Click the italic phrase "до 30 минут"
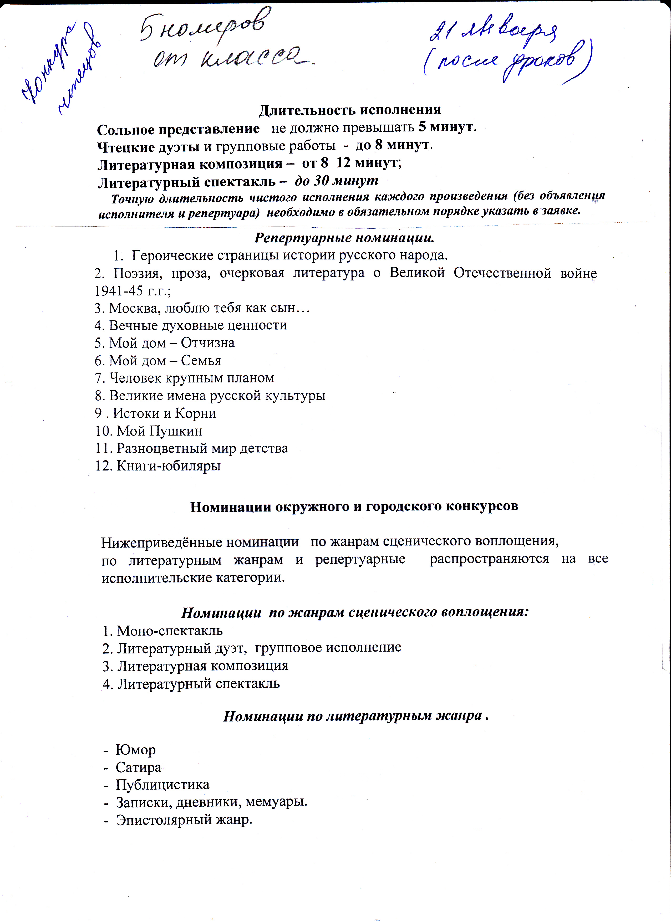(x=336, y=180)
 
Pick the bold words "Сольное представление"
(x=178, y=129)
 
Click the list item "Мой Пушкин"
(x=159, y=431)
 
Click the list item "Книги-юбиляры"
(x=169, y=465)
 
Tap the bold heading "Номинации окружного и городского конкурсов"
(x=354, y=506)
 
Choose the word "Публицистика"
(x=162, y=785)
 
